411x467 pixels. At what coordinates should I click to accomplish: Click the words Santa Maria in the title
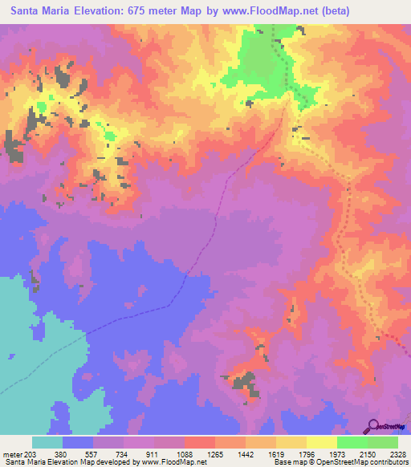point(35,10)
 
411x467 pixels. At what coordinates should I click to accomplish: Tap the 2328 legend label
point(397,453)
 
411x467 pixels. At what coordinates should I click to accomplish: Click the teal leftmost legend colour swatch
point(47,442)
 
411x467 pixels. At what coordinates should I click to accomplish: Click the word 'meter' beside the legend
point(11,453)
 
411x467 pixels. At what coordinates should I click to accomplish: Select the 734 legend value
point(122,453)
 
